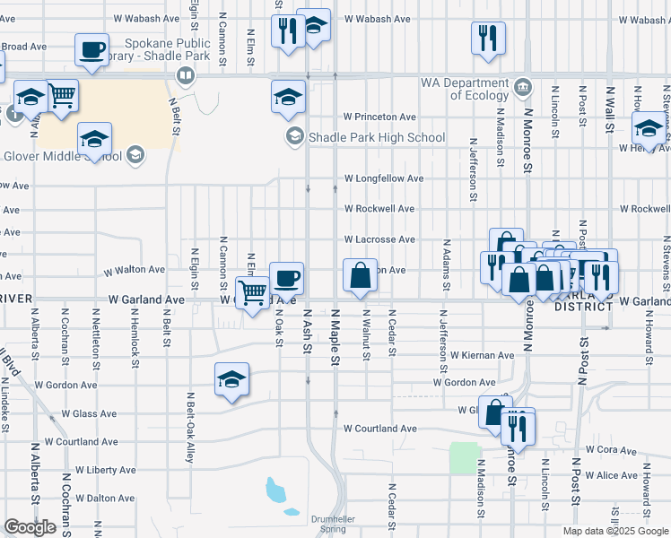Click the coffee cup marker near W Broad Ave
point(93,49)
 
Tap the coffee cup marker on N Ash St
point(287,277)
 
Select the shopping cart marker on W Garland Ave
point(253,291)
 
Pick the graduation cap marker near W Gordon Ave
point(231,379)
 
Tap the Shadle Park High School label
point(377,137)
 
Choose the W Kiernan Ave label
point(483,355)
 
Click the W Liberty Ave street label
point(106,470)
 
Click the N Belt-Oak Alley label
point(190,425)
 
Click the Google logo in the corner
point(30,526)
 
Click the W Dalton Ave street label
point(105,498)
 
